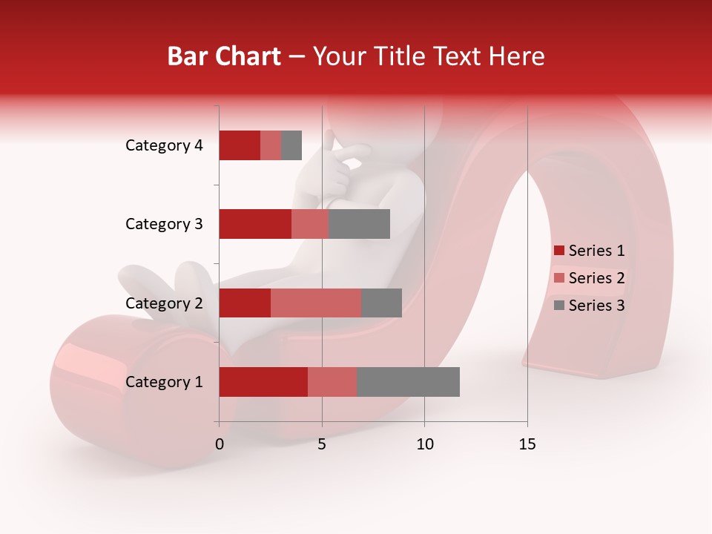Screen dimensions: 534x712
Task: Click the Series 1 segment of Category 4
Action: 240,145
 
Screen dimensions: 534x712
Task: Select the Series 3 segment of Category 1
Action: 408,382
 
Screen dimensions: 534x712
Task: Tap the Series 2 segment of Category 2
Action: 316,303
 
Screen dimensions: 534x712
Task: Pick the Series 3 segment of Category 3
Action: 359,224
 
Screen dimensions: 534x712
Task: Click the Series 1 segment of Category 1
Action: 263,382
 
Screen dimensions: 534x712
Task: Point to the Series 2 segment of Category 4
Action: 271,145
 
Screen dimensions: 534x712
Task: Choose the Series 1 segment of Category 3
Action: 255,224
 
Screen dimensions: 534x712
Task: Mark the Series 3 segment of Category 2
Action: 381,303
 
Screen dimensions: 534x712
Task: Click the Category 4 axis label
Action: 164,145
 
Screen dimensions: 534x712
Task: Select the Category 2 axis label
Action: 164,303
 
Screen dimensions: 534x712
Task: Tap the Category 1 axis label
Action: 164,382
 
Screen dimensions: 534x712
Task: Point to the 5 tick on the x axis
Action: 322,444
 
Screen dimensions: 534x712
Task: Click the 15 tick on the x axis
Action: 527,444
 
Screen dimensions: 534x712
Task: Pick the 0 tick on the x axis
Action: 220,444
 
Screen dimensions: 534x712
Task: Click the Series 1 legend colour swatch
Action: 558,251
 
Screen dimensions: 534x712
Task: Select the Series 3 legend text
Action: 596,306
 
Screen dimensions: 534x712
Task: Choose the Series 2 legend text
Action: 596,278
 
